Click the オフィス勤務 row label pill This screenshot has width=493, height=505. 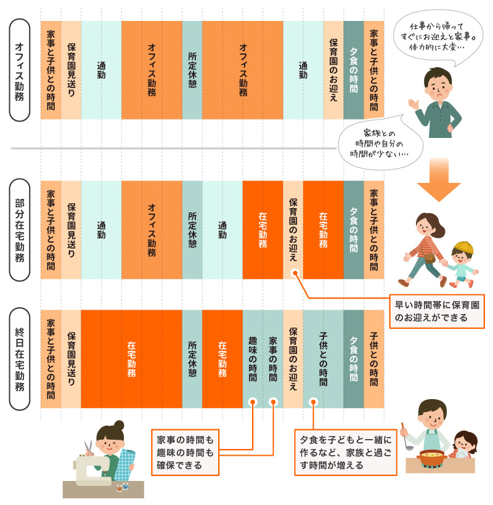tap(20, 70)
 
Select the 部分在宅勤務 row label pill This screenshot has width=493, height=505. tap(20, 230)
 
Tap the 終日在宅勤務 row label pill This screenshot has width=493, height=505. tap(20, 359)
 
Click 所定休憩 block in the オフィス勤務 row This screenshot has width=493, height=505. tap(192, 70)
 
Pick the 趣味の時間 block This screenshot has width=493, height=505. tap(253, 359)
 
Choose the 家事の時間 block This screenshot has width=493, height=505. tap(273, 359)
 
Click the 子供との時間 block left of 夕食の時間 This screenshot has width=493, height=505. tap(323, 359)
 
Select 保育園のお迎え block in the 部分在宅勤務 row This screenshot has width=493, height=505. tap(293, 230)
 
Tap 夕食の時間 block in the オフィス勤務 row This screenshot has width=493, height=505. tap(354, 70)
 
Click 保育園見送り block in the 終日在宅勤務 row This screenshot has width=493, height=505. tap(71, 359)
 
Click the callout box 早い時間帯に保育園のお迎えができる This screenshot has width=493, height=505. tap(437, 312)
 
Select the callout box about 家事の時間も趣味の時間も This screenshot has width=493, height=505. tap(185, 453)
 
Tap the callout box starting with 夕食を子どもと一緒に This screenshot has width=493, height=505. tap(346, 453)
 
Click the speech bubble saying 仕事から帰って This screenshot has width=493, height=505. tap(438, 36)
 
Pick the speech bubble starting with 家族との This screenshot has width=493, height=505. tap(380, 143)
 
